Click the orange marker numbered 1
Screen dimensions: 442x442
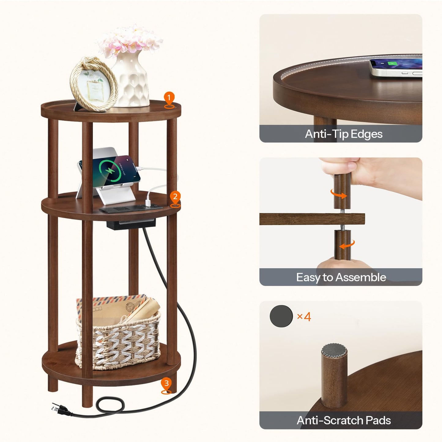(x=169, y=99)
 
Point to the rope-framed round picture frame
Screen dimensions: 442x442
(x=93, y=84)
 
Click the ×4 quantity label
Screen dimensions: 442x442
(x=304, y=317)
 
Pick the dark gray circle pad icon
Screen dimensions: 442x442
(x=281, y=316)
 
